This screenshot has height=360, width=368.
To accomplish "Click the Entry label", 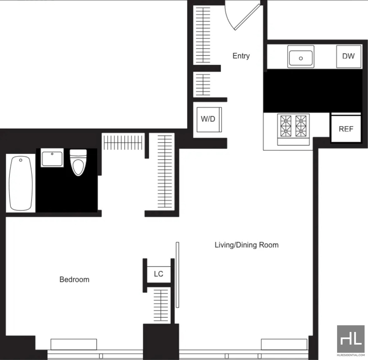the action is coord(241,56).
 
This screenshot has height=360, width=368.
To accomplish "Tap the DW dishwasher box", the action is coord(349,56).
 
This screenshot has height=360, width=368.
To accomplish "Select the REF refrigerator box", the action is coord(346,129).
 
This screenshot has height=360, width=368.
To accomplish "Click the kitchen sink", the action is coord(301,56).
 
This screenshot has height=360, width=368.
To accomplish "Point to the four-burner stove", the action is coord(293,129).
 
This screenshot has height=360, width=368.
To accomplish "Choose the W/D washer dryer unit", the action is coord(209,119).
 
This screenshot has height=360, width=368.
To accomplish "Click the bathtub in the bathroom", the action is coord(20,183).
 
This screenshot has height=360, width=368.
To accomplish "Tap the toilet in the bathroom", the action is coord(78,162).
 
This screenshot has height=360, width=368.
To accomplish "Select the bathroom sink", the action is coord(52,158).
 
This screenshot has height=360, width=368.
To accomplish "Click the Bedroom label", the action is coord(74,279).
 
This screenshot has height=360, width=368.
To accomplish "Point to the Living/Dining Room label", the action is coord(247,245).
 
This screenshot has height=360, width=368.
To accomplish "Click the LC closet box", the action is coord(158,274).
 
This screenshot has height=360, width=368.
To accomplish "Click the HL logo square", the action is coord(351,339).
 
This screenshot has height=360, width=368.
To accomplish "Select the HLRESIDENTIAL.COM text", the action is coord(351,355).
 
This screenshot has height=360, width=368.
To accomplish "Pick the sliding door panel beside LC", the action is coord(178,275).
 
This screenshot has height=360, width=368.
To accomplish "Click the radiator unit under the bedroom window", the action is coord(74,344).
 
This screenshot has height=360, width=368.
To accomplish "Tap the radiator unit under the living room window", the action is coord(284,344).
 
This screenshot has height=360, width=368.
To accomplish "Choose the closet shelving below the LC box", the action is coord(161,305).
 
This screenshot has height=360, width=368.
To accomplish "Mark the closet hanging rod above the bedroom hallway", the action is coord(123,142).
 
